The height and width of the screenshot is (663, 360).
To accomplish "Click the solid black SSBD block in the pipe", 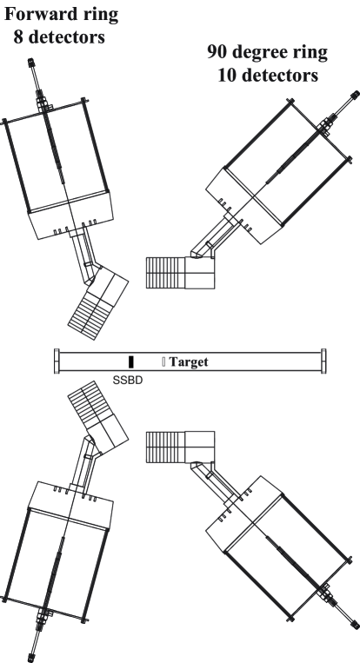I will pyautogui.click(x=130, y=361).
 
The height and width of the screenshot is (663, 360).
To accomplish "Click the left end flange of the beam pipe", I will pyautogui.click(x=57, y=361).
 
